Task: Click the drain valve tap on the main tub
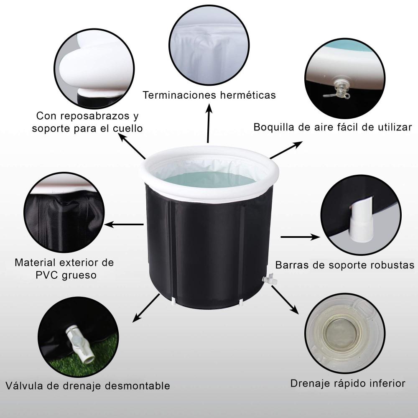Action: coord(268,279)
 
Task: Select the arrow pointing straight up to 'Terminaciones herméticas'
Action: coord(208,124)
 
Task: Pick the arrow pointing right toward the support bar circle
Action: coord(298,237)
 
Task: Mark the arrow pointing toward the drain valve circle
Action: coord(146,308)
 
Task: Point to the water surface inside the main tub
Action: coord(209,179)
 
